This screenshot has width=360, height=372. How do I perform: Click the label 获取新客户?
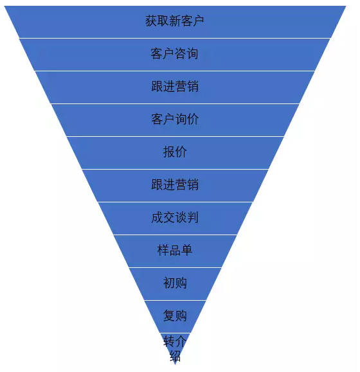click(x=175, y=21)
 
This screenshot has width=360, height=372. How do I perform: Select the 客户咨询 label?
click(x=175, y=53)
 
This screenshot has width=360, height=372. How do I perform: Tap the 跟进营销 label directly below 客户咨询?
click(x=175, y=86)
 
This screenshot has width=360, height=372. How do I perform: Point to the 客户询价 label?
click(x=175, y=119)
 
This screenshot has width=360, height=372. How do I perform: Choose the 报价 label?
click(x=175, y=152)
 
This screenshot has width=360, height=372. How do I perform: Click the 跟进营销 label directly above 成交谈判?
click(x=175, y=184)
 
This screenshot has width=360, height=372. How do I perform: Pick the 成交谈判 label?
click(x=175, y=217)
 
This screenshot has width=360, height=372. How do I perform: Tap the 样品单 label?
click(x=175, y=250)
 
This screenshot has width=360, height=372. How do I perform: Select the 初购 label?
click(x=175, y=283)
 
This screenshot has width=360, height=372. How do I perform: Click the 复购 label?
click(x=175, y=315)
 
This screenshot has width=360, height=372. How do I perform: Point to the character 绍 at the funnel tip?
click(x=175, y=356)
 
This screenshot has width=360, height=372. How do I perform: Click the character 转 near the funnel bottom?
click(x=169, y=341)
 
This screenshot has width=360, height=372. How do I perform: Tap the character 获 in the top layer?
click(x=151, y=21)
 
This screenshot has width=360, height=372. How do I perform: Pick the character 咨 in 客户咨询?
click(x=181, y=53)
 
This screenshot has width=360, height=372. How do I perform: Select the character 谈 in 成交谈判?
click(x=181, y=217)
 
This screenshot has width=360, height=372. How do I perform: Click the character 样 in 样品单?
click(x=163, y=250)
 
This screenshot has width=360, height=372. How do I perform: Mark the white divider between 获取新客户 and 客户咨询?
click(x=175, y=38)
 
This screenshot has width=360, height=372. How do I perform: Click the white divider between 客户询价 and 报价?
click(x=175, y=136)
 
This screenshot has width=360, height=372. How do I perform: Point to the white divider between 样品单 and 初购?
click(x=175, y=268)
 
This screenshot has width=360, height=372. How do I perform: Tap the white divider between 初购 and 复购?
click(x=175, y=300)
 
